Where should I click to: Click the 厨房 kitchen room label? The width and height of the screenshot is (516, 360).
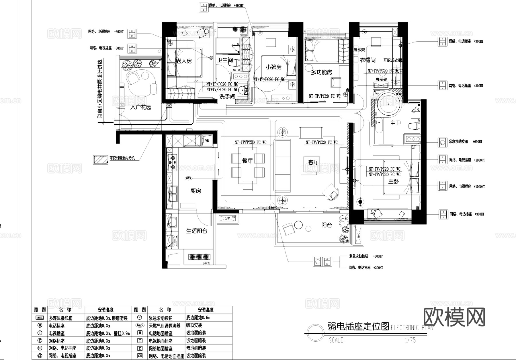[196, 191]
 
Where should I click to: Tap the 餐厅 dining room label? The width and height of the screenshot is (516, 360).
[247, 161]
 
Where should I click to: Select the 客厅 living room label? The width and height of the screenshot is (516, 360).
[313, 162]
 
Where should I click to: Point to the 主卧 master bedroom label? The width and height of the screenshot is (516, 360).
[393, 181]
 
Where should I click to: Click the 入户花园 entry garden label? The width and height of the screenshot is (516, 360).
[140, 107]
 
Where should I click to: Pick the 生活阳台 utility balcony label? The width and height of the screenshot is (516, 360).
[197, 231]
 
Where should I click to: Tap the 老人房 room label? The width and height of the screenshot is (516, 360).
[184, 61]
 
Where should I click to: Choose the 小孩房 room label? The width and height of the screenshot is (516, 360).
[273, 67]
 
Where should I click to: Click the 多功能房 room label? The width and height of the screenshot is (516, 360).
[321, 72]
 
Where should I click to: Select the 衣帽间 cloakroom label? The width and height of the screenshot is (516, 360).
[368, 60]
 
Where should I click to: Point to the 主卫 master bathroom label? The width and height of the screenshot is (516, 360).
[395, 123]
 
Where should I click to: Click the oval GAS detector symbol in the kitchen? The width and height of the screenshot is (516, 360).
[188, 178]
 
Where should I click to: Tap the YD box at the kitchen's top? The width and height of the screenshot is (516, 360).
[207, 141]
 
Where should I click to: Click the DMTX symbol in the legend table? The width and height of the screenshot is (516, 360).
[40, 318]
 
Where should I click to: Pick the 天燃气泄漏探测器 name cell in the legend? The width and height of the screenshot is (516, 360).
[165, 326]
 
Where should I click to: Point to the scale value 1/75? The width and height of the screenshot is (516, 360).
[410, 340]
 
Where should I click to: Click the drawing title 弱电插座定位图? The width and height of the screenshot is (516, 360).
[358, 326]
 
